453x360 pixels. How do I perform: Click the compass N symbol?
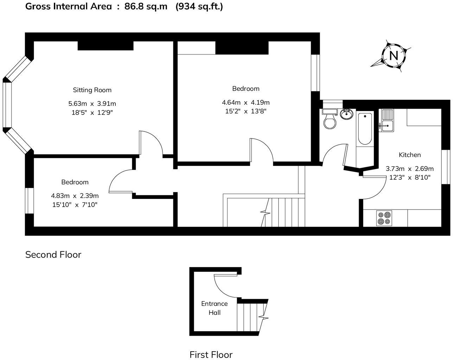click(x=394, y=56)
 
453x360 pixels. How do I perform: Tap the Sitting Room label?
click(x=92, y=90)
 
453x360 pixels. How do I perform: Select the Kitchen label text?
click(x=409, y=155)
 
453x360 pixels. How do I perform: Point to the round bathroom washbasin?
click(x=347, y=114)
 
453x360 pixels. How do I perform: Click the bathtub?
click(x=364, y=129)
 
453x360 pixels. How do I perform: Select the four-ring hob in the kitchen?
click(x=384, y=218)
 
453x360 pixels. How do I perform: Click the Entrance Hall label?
click(x=214, y=308)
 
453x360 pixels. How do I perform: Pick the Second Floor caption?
click(x=53, y=255)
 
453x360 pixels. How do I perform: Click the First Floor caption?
click(x=211, y=354)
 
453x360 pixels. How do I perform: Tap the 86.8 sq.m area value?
click(x=146, y=6)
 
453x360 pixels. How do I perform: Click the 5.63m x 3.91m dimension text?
click(x=92, y=104)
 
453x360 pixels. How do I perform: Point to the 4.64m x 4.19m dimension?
click(x=245, y=103)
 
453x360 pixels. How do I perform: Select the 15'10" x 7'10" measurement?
click(x=75, y=205)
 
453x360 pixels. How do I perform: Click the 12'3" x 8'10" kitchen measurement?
click(x=410, y=178)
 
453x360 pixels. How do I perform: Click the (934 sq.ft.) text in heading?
click(x=199, y=6)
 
